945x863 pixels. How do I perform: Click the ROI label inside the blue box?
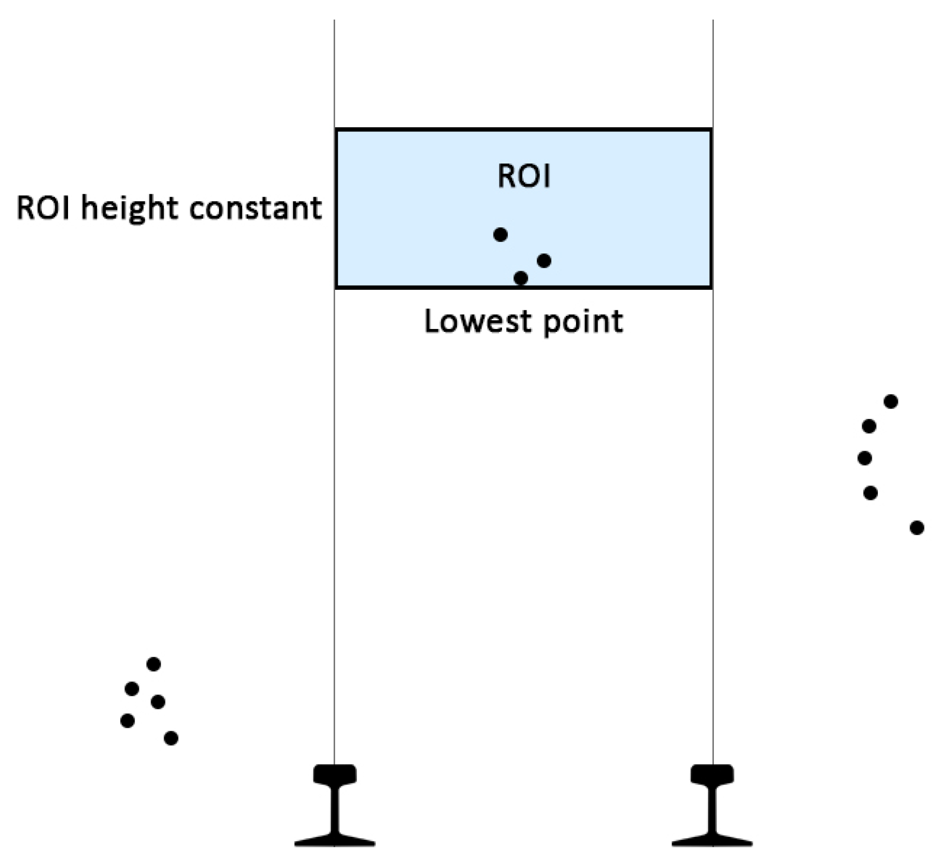tap(524, 177)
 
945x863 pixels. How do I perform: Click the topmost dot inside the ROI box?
tap(500, 234)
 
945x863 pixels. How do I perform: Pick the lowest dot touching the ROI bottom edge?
tap(521, 278)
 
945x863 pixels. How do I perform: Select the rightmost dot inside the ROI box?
tap(544, 260)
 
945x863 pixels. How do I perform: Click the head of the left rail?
tap(334, 774)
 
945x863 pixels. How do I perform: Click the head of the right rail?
tap(712, 774)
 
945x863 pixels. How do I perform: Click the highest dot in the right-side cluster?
tap(890, 401)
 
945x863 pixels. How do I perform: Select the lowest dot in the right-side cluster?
tap(917, 528)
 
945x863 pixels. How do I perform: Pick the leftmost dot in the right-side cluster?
tap(864, 458)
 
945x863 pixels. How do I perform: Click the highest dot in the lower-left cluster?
tap(154, 664)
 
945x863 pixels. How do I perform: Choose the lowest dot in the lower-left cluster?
tap(171, 738)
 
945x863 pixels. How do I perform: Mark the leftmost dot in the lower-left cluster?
tap(128, 720)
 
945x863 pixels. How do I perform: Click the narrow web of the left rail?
tap(334, 810)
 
